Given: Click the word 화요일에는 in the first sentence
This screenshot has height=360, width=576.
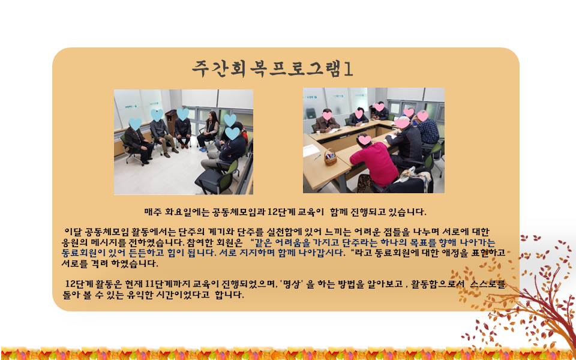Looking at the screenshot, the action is click(183, 212).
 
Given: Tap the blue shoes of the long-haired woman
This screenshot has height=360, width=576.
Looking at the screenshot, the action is click(203, 149).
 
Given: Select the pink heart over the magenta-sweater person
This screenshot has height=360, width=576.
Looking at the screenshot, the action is click(365, 140).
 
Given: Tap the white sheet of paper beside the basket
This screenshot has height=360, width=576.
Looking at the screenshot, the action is click(311, 151).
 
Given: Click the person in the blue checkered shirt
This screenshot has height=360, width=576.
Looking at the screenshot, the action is click(427, 130).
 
